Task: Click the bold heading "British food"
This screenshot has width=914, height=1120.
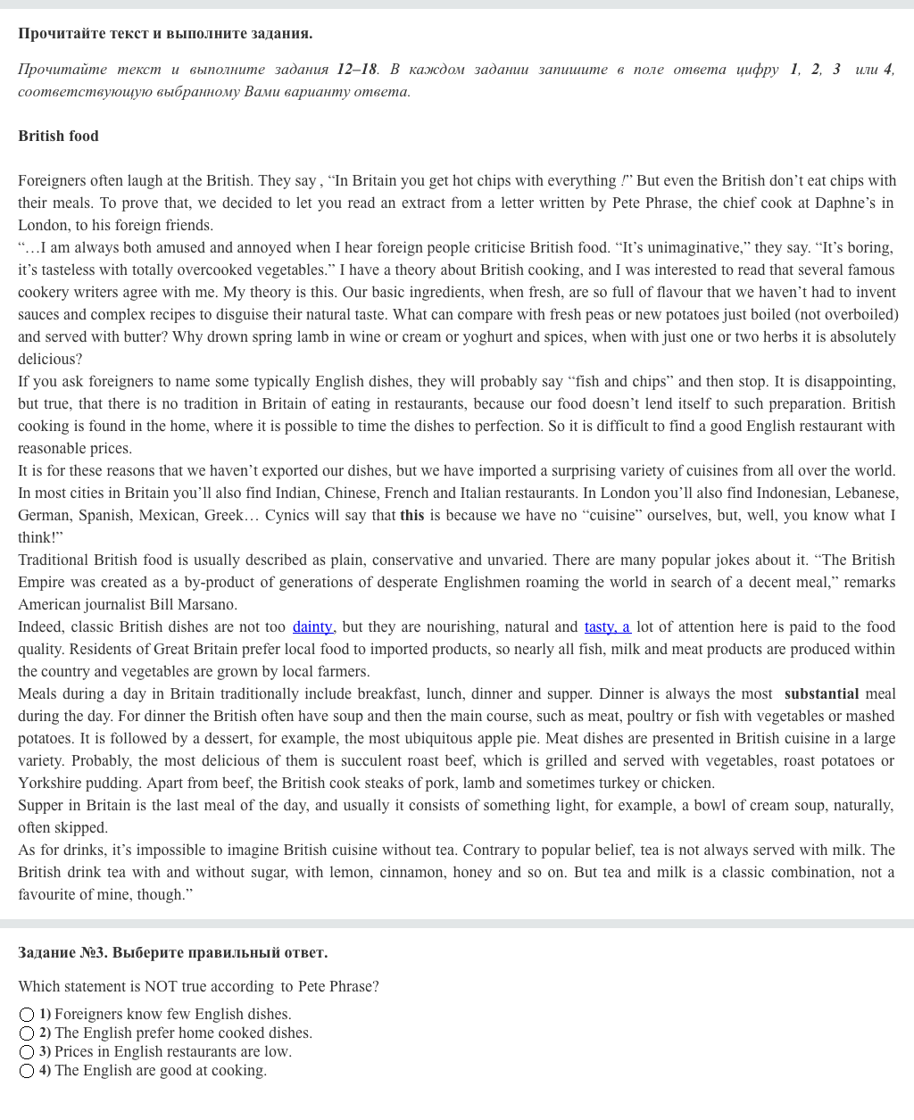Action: [58, 136]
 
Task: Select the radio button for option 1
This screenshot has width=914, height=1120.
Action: [27, 1015]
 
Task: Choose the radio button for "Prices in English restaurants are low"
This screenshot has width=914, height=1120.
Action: [27, 1052]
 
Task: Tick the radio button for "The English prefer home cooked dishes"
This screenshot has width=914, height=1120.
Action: [27, 1033]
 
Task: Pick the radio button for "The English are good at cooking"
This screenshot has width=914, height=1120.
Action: [27, 1071]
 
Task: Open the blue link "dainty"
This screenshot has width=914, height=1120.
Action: [312, 626]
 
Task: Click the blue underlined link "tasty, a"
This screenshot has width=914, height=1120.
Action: [607, 626]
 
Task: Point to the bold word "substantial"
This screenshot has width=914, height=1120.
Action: [821, 693]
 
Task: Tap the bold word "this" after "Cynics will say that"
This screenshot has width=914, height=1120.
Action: [411, 515]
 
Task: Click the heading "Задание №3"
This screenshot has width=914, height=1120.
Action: [61, 952]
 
